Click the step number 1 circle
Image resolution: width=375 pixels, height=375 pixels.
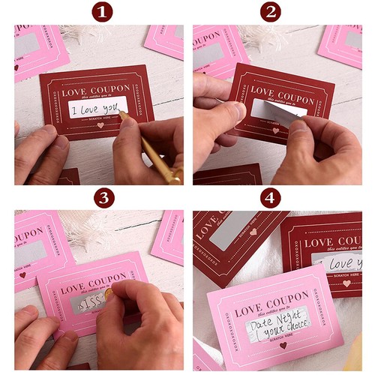pos(103,11)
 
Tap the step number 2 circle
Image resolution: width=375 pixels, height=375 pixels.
pos(270,11)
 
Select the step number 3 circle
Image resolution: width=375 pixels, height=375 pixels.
pos(103,197)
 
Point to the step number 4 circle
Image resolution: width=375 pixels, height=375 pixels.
pos(270,197)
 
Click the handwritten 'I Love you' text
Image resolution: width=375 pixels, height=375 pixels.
pos(97,110)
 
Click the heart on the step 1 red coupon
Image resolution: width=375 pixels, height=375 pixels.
pos(100,125)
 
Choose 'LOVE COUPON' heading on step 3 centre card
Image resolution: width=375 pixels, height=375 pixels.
pos(92,286)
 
